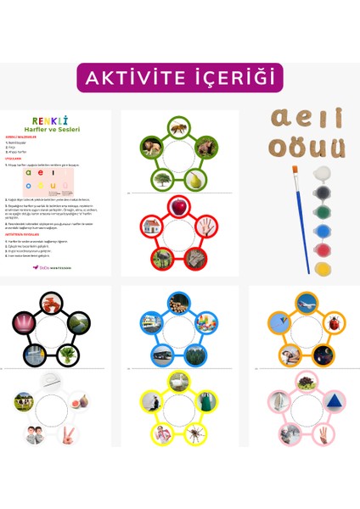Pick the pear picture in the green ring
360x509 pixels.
(x=195, y=179)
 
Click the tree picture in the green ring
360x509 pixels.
(x=162, y=179)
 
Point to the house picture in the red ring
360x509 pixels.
(x=152, y=227)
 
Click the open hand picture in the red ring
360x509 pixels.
(x=205, y=227)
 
